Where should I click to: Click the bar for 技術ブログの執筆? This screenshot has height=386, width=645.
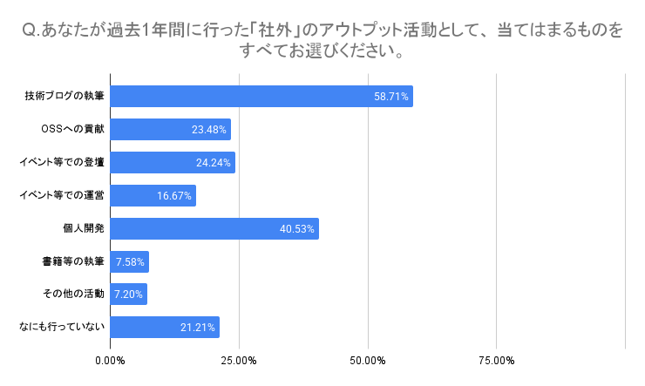pyautogui.click(x=261, y=96)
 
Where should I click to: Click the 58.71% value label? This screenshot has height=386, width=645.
pyautogui.click(x=391, y=97)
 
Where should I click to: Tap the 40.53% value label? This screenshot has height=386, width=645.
pyautogui.click(x=297, y=229)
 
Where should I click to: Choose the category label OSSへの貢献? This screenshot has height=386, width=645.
pyautogui.click(x=72, y=129)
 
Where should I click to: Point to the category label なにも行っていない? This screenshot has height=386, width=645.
pyautogui.click(x=62, y=328)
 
